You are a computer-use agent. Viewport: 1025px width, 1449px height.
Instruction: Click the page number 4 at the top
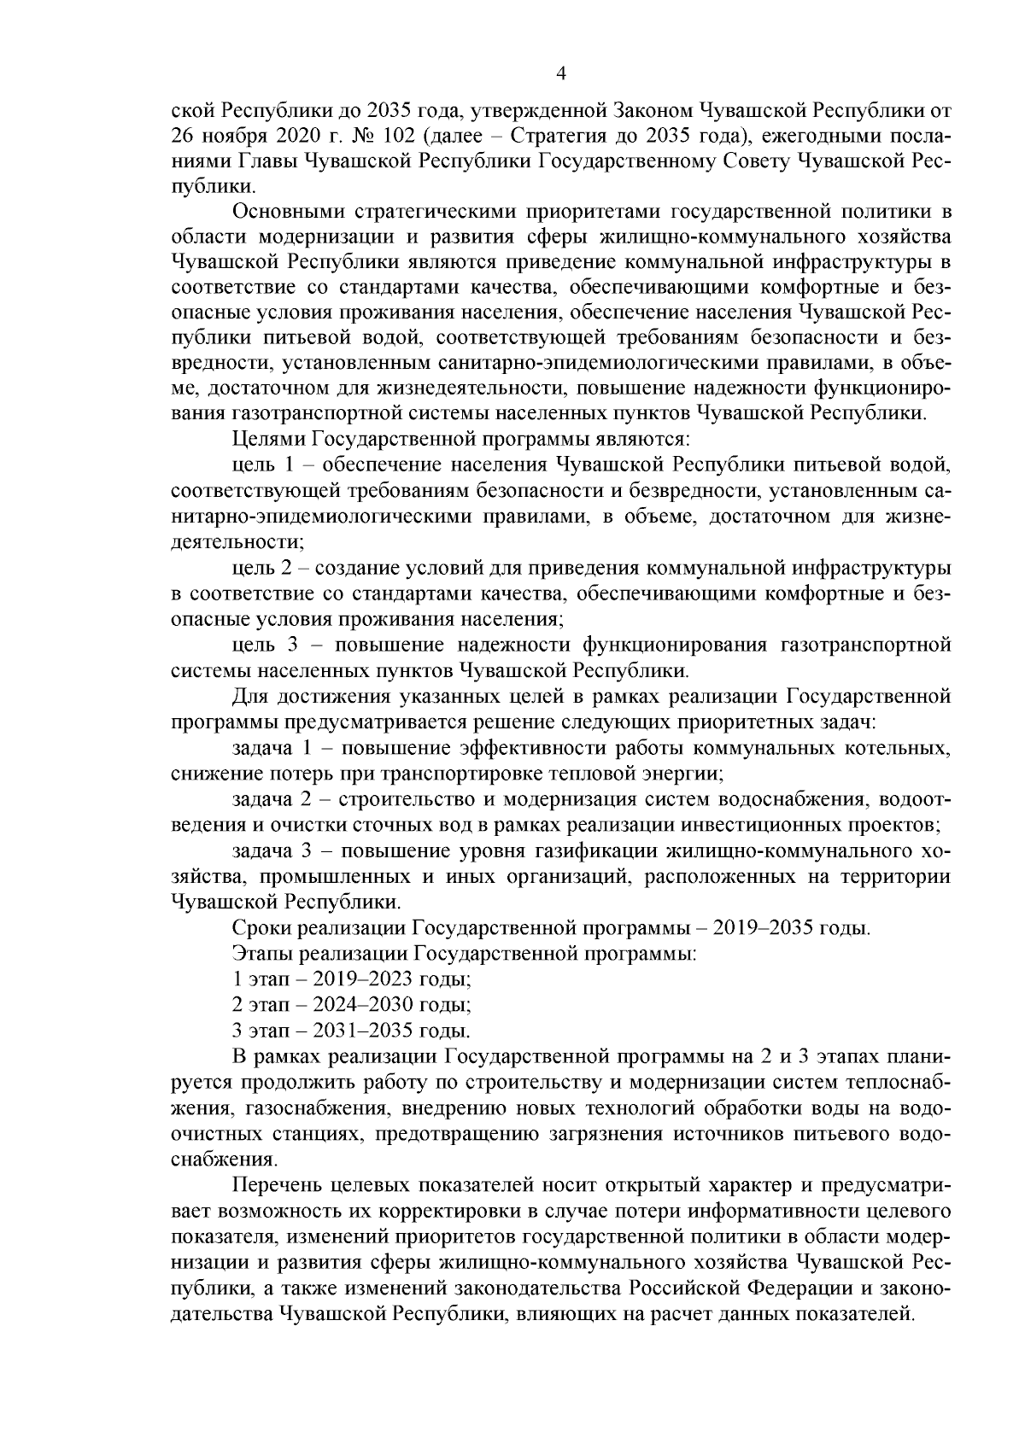tap(560, 73)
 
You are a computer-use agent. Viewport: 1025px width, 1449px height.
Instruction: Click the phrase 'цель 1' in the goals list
tap(261, 465)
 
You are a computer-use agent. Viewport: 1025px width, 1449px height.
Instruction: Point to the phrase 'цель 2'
tap(261, 568)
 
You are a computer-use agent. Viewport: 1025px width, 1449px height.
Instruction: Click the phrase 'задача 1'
tap(275, 750)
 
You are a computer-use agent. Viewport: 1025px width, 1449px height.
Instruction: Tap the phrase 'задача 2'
tap(275, 801)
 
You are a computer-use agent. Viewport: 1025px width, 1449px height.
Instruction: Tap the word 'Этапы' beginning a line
tap(258, 954)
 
